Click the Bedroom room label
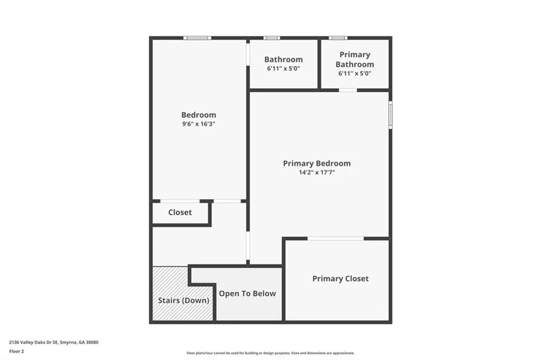pyautogui.click(x=199, y=115)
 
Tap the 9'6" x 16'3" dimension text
pyautogui.click(x=199, y=124)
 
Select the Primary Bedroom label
pyautogui.click(x=316, y=163)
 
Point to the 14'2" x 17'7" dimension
pyautogui.click(x=316, y=172)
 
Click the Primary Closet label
pyautogui.click(x=340, y=278)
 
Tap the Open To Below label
pyautogui.click(x=247, y=294)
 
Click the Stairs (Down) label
pyautogui.click(x=183, y=301)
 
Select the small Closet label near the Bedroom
pyautogui.click(x=180, y=212)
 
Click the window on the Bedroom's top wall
pyautogui.click(x=197, y=38)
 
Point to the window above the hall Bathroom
pyautogui.click(x=272, y=38)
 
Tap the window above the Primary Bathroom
pyautogui.click(x=338, y=38)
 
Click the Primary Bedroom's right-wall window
pyautogui.click(x=390, y=115)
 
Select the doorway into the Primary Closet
pyautogui.click(x=336, y=238)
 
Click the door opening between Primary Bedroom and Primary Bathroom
pyautogui.click(x=348, y=90)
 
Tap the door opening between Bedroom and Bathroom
pyautogui.click(x=248, y=54)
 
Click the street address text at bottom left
pyautogui.click(x=54, y=342)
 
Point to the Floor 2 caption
pyautogui.click(x=17, y=351)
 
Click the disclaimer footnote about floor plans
pyautogui.click(x=270, y=353)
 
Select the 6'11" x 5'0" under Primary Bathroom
pyautogui.click(x=355, y=74)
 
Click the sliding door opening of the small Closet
pyautogui.click(x=180, y=201)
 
